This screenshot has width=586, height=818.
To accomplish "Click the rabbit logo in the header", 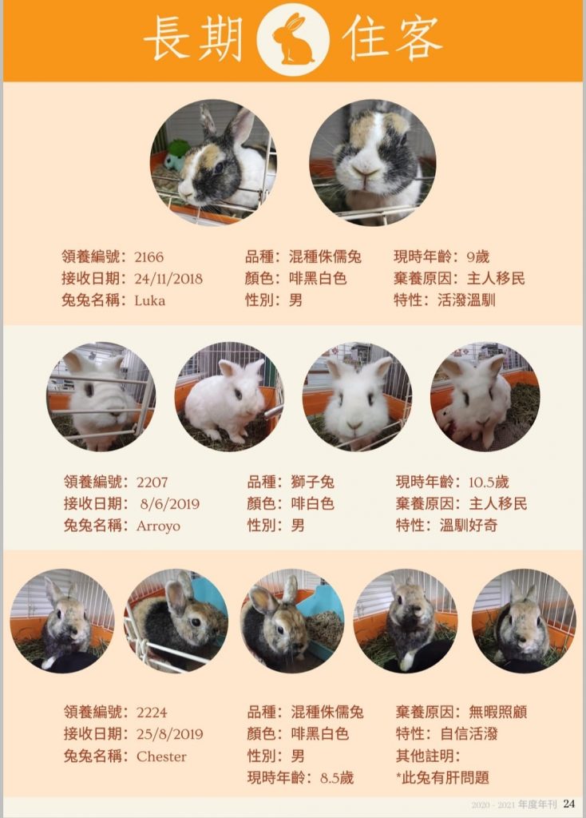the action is tap(294, 39).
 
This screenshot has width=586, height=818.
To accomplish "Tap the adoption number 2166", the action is tap(148, 256).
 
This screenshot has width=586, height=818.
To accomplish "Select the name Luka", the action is tap(149, 300).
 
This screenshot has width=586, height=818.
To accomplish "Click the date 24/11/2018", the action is tap(168, 279).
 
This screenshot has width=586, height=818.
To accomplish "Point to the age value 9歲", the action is tap(478, 256).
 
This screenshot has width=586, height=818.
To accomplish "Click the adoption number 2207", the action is tap(152, 482).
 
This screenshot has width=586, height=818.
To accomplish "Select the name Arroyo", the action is tap(159, 526).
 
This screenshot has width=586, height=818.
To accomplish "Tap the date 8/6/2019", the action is tap(170, 504).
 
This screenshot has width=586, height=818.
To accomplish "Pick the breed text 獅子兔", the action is tap(313, 482).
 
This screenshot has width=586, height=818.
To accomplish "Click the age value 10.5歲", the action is tap(489, 482).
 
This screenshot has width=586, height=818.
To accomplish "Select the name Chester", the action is tap(161, 756).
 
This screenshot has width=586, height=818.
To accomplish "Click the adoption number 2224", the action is tap(152, 712).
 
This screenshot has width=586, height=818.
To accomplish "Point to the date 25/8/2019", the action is tap(170, 734).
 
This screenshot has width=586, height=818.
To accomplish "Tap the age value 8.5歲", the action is tap(337, 778).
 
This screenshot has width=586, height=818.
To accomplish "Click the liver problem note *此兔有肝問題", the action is tap(442, 778).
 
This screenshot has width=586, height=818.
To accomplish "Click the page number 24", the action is tap(568, 804).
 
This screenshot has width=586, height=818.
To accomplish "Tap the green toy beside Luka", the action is tap(176, 154).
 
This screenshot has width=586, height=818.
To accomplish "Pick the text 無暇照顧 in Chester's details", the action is tap(498, 712).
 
